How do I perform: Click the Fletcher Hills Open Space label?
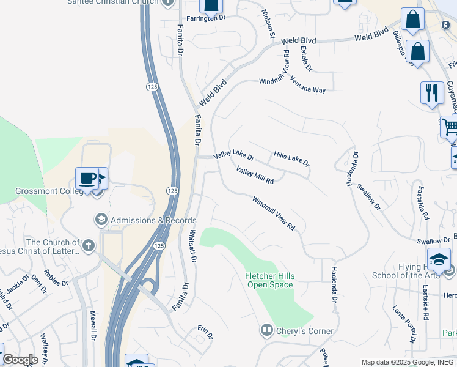click(x=269, y=280)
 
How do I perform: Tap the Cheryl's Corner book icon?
click(x=267, y=331)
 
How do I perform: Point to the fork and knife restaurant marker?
click(x=432, y=92)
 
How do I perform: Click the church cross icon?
click(x=89, y=246)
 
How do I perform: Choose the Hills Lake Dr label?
click(x=291, y=159)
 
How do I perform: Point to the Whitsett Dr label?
click(x=192, y=246)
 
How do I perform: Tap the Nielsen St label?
click(x=268, y=24)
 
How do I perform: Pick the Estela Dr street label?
click(x=305, y=59)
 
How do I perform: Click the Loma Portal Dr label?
click(x=404, y=324)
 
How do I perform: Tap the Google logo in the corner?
click(x=20, y=360)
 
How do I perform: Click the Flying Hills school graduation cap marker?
click(x=439, y=260)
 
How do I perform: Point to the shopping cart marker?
click(x=450, y=127)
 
